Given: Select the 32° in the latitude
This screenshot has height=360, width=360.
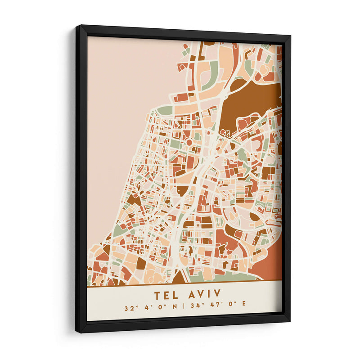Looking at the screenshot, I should tap(131, 309).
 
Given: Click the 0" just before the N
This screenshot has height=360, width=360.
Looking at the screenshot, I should tap(162, 309).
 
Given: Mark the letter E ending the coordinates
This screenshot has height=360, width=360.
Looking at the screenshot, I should tap(244, 309).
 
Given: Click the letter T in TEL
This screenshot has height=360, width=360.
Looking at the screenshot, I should tap(157, 295).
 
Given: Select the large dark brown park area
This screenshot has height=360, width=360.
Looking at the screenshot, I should tap(250, 99).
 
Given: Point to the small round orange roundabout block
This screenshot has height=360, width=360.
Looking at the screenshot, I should tap(189, 143).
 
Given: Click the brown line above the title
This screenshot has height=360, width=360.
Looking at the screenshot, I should tap(184, 285).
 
